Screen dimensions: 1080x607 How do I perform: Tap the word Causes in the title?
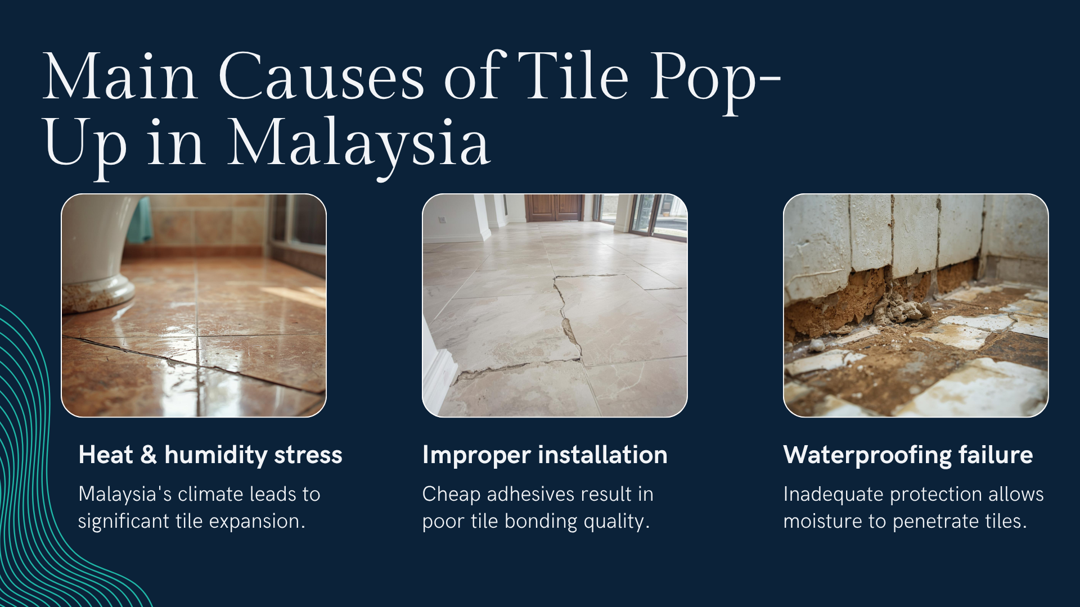(321, 75)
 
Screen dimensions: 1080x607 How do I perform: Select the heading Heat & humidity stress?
(210, 455)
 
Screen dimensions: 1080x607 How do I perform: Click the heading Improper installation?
(544, 455)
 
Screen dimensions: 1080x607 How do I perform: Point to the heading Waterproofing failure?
(908, 455)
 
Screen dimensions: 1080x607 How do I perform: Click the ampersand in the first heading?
(148, 454)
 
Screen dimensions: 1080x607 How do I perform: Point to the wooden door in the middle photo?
(554, 207)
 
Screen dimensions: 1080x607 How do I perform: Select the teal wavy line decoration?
(34, 478)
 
